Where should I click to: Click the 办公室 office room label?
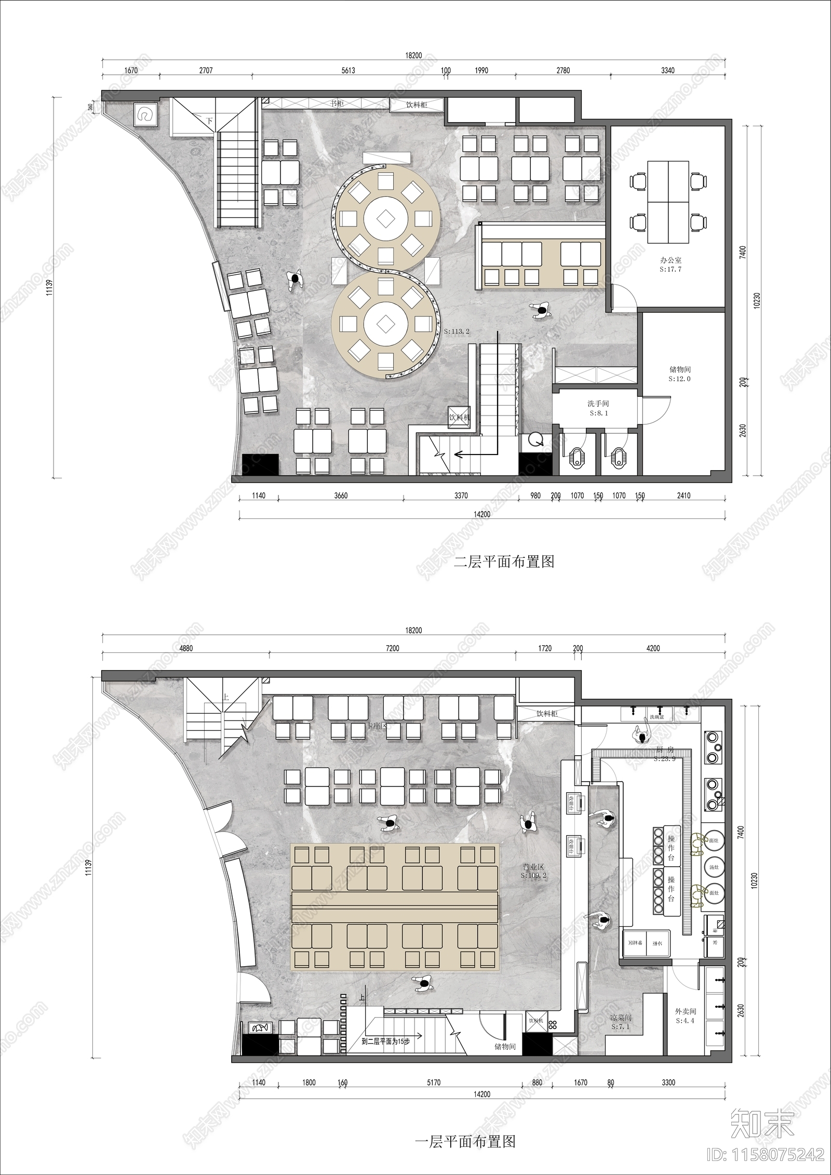670,260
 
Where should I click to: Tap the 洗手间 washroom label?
598,404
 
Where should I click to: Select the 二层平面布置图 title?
504,562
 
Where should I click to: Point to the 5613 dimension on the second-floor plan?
347,70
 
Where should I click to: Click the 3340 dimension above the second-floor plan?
668,70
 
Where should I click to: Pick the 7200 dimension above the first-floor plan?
393,648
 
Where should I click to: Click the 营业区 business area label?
533,867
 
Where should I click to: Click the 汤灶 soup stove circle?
714,865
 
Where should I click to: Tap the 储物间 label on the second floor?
680,370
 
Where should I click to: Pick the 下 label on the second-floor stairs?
209,121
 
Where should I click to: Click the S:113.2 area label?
457,331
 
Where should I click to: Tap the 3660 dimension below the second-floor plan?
341,496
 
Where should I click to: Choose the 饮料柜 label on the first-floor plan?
546,714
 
